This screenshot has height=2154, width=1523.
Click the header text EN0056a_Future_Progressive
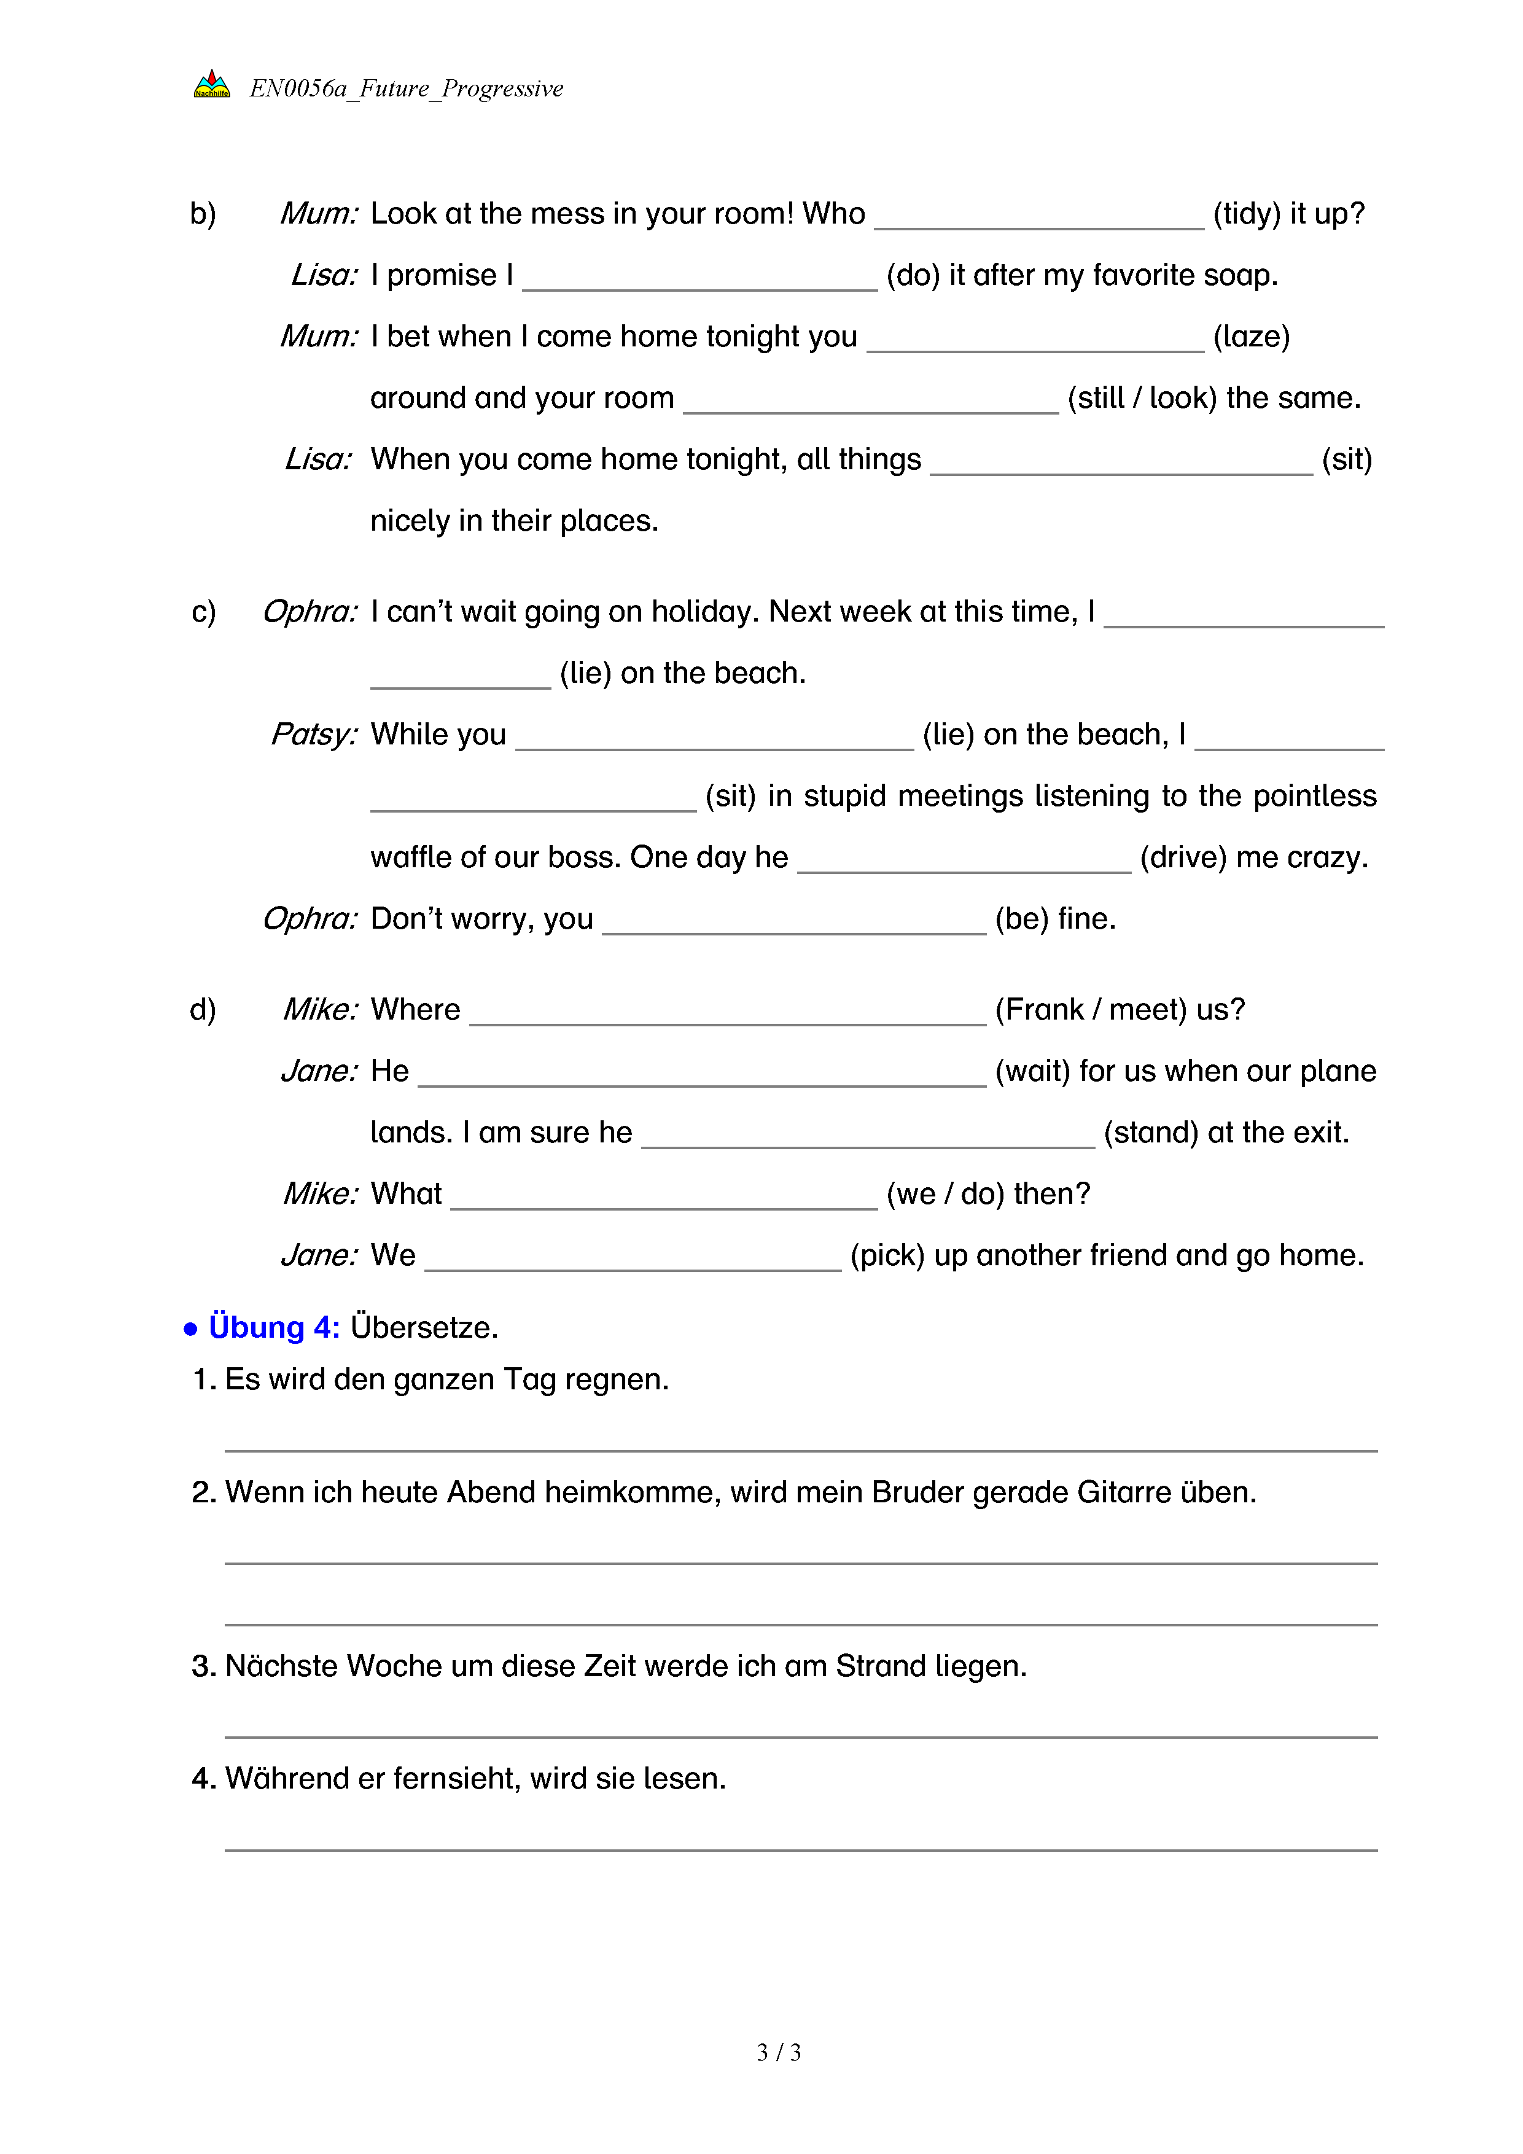tap(406, 88)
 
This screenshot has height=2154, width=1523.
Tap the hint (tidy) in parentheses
tap(1247, 214)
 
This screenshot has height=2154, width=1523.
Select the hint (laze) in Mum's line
tap(1251, 337)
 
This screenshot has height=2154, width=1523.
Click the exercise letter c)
tap(203, 612)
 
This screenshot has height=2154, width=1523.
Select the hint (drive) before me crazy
tap(1183, 857)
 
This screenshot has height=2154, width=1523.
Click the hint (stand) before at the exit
tap(1151, 1133)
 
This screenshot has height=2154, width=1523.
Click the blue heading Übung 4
tap(273, 1327)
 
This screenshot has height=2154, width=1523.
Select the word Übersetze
tap(424, 1327)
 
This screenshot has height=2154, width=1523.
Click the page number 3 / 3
tap(778, 2053)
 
